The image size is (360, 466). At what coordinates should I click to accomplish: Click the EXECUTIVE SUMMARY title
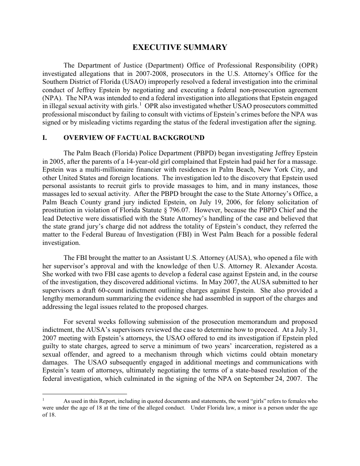(180, 47)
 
